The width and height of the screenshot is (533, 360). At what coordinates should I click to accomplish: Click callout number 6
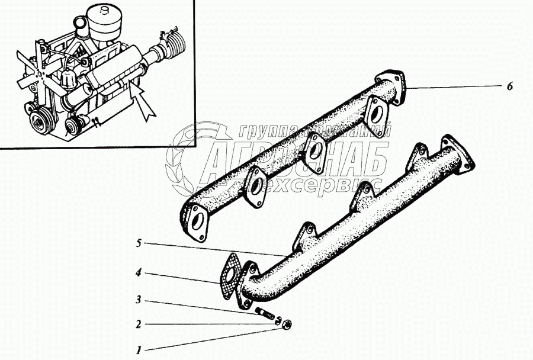click(x=509, y=86)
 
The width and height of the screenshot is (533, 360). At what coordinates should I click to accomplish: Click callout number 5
click(x=138, y=242)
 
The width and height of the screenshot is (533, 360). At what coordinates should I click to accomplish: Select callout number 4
click(x=138, y=274)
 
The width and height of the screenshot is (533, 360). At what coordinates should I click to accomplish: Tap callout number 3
click(x=138, y=300)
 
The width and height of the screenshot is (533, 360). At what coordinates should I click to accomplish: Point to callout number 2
click(x=138, y=324)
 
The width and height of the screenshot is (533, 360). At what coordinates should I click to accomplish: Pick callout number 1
click(x=138, y=350)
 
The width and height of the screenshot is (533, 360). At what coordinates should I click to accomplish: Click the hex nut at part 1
click(x=285, y=324)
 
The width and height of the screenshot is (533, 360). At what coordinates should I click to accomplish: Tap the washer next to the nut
click(x=277, y=320)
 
